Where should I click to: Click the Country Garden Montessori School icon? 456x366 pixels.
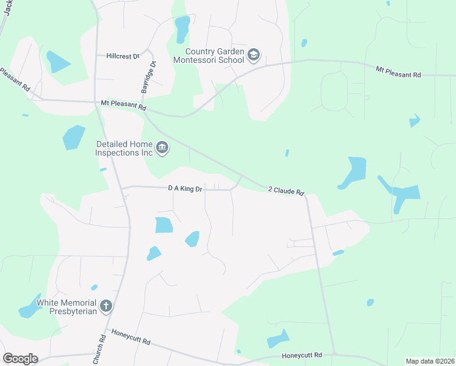click(x=254, y=56)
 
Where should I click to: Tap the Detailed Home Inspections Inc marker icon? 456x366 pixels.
click(x=162, y=148)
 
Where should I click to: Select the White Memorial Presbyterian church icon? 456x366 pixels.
click(x=106, y=306)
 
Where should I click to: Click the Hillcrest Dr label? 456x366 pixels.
click(x=123, y=56)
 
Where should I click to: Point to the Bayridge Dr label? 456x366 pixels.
click(x=148, y=77)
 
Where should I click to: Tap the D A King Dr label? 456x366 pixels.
click(x=185, y=189)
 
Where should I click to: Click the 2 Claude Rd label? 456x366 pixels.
click(x=286, y=191)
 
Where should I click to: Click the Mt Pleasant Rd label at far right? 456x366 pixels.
click(x=398, y=72)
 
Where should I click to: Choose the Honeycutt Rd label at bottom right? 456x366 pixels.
click(x=301, y=356)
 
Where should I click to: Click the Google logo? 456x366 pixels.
click(x=20, y=359)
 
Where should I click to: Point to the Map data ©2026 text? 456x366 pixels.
click(x=430, y=361)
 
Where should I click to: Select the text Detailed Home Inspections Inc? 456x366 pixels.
click(x=124, y=148)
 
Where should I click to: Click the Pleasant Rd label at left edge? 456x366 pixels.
click(x=15, y=79)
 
